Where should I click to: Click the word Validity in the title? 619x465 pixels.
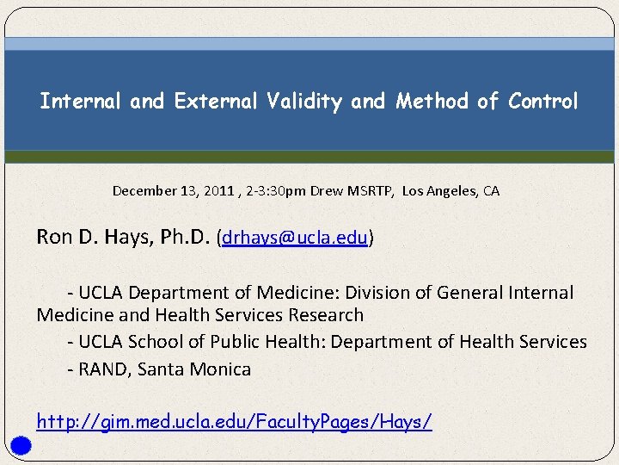pos(303,102)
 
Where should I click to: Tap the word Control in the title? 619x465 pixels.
pos(542,102)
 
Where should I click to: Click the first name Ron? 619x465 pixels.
pos(53,237)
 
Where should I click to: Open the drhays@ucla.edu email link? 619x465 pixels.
pos(295,238)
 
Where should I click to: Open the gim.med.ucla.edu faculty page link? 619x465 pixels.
pos(234,421)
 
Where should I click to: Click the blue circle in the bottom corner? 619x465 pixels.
pos(22,445)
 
